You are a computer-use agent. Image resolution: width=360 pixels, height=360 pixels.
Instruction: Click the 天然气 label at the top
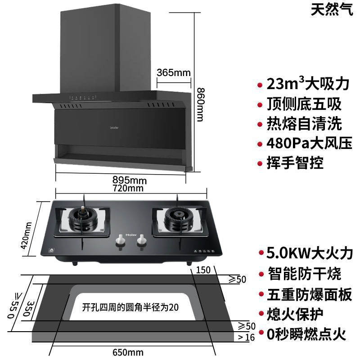click(331, 10)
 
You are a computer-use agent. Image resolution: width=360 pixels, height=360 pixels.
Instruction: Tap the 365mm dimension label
click(174, 72)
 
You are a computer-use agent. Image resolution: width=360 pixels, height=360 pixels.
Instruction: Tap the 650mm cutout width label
click(128, 352)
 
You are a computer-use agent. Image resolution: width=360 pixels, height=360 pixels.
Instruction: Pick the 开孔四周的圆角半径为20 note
click(130, 308)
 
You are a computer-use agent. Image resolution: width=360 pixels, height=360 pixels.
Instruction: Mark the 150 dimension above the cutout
click(203, 270)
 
